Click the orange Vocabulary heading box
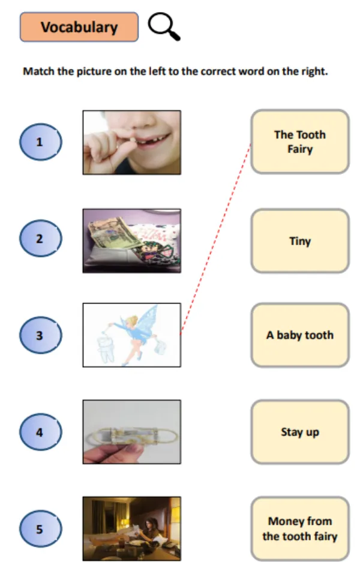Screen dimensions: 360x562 click(x=79, y=27)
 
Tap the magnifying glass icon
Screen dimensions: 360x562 click(x=164, y=26)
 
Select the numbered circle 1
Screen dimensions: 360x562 click(x=41, y=142)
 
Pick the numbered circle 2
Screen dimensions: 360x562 click(x=41, y=238)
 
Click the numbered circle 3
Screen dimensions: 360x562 click(x=41, y=335)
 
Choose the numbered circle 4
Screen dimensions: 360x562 click(x=41, y=432)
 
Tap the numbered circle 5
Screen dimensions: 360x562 click(x=41, y=528)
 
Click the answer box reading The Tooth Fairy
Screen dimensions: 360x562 click(x=300, y=142)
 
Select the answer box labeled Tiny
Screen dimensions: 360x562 click(x=300, y=241)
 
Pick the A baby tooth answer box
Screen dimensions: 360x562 click(x=300, y=335)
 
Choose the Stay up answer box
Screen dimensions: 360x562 click(x=300, y=432)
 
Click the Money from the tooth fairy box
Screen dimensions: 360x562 click(x=300, y=528)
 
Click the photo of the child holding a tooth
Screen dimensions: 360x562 click(x=132, y=142)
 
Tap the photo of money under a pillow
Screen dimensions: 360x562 click(x=132, y=241)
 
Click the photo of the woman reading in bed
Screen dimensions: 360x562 click(x=132, y=528)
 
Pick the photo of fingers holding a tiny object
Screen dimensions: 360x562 click(x=132, y=432)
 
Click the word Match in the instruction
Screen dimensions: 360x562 click(x=39, y=71)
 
